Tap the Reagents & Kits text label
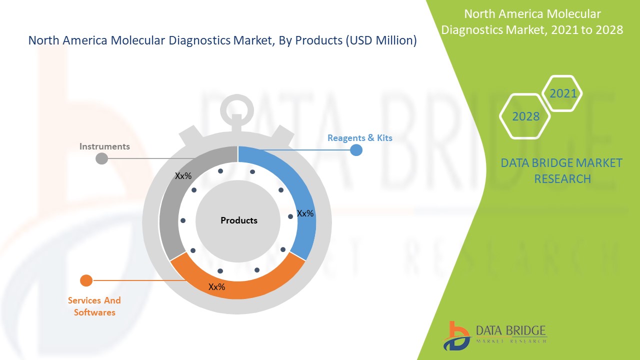[x=359, y=138]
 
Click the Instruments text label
[x=104, y=146]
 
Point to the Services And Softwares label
[x=94, y=306]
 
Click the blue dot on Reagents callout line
[x=356, y=150]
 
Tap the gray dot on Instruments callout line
[x=101, y=158]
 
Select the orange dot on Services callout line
[x=86, y=280]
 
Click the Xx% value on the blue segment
[x=305, y=213]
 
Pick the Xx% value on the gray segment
[x=183, y=176]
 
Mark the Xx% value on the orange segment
[x=216, y=287]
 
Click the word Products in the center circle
[x=239, y=220]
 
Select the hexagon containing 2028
[x=525, y=116]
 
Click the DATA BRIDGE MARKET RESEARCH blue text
[x=562, y=170]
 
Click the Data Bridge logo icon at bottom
[x=456, y=335]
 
